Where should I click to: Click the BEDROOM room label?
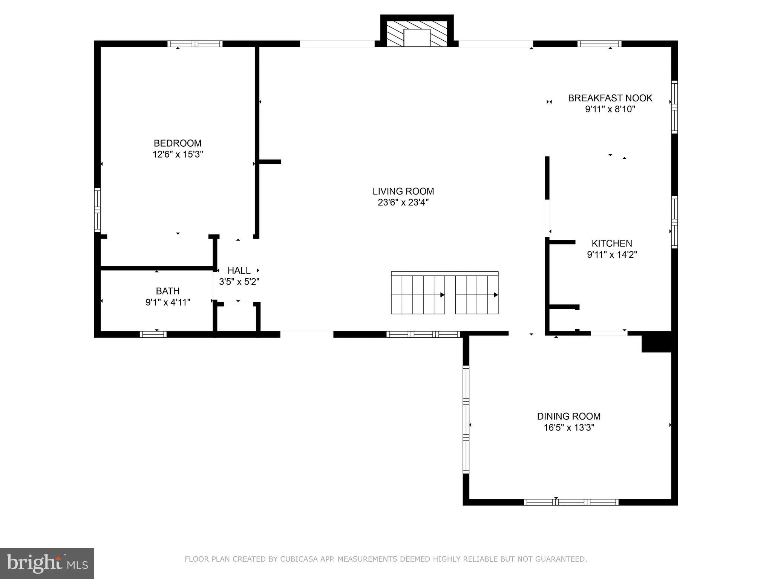178,143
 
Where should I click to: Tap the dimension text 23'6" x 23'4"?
403,202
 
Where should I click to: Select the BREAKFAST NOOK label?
610,98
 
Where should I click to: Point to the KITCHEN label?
611,244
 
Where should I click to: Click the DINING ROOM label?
568,416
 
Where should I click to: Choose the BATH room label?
168,291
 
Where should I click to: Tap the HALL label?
239,270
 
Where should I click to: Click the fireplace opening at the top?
417,38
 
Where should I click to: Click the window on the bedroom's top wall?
195,44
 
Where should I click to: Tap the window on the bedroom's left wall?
98,210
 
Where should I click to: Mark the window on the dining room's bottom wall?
571,502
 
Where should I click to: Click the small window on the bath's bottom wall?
153,334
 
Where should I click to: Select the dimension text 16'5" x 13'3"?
568,427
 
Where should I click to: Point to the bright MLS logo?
47,563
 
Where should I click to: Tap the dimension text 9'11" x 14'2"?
611,255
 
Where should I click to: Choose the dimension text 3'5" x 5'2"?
239,282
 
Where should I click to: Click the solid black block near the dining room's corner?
656,342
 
